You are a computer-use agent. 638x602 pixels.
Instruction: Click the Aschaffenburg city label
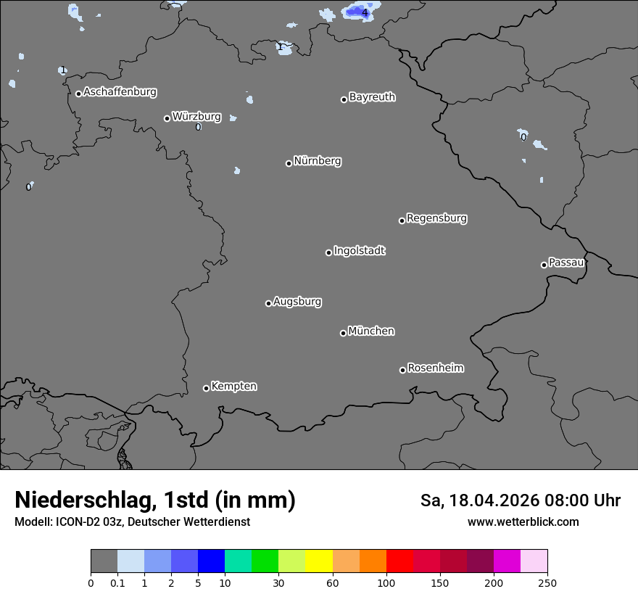tap(120, 92)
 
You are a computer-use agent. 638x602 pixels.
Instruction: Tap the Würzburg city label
tap(196, 116)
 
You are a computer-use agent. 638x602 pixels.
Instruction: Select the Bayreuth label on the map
tap(372, 97)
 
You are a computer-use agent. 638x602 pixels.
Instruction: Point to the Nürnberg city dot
tap(289, 163)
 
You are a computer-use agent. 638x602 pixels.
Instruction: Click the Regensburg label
tap(436, 218)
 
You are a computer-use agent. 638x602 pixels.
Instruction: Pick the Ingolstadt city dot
tap(328, 252)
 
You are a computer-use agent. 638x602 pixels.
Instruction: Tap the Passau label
tap(566, 263)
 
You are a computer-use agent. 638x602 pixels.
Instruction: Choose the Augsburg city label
tap(297, 302)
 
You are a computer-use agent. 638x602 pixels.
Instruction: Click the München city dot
tap(343, 333)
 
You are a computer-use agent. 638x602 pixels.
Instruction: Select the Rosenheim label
tap(435, 368)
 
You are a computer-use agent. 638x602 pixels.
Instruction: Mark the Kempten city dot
tap(206, 388)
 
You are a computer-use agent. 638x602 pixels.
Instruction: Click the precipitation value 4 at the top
tap(365, 12)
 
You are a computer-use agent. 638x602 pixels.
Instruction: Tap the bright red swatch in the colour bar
tap(399, 561)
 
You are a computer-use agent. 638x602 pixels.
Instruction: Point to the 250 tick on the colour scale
tap(547, 582)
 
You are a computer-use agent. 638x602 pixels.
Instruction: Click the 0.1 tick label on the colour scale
tap(117, 582)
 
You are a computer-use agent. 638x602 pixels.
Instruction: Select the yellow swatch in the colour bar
tap(319, 561)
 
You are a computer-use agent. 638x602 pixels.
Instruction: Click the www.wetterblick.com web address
tap(523, 521)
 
